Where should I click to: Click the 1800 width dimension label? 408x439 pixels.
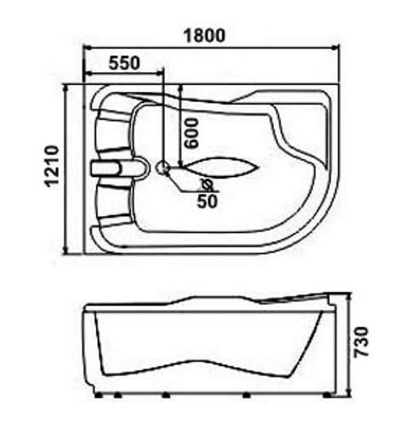click(204, 36)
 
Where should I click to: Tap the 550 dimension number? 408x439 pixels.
click(124, 63)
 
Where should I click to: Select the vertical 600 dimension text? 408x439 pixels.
click(191, 134)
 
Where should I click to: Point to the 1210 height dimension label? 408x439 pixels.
click(52, 166)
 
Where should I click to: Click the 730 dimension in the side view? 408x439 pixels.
click(361, 341)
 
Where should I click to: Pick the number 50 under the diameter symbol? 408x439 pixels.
click(207, 202)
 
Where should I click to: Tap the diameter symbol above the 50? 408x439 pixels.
click(207, 185)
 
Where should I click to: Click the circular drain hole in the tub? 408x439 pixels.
click(162, 168)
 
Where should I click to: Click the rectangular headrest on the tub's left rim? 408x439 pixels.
click(105, 168)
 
